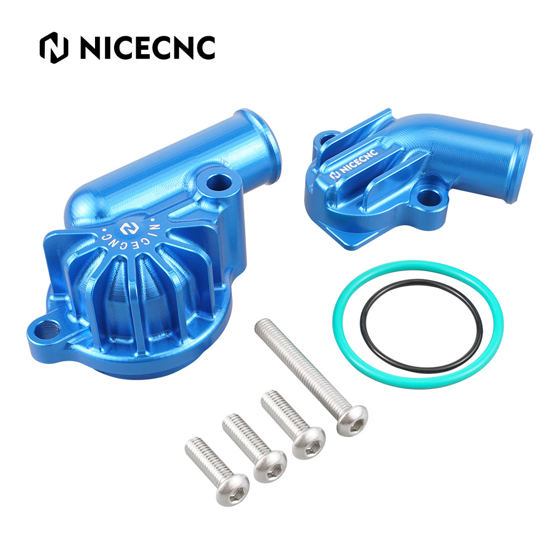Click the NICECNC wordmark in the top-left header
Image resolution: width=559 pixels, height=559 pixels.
(x=148, y=48)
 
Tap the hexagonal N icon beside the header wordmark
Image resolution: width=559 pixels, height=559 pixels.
(x=54, y=48)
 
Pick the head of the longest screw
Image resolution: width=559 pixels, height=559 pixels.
(x=352, y=421)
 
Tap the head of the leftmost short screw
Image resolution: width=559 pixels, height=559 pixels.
(x=233, y=490)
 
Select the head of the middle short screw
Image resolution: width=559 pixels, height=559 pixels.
(x=270, y=466)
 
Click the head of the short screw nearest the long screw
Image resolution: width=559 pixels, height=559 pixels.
(x=309, y=443)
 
